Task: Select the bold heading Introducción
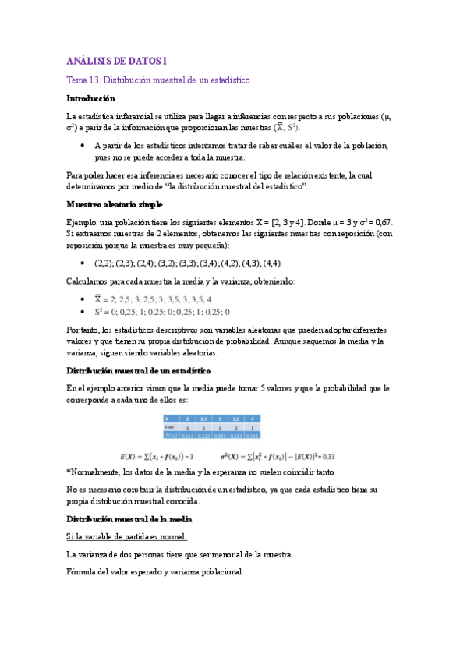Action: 90,99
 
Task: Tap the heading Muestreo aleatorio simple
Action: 115,203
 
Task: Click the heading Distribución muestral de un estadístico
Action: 138,369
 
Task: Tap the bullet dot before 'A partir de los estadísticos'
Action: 83,146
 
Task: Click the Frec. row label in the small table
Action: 169,428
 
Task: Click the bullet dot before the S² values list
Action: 83,310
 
